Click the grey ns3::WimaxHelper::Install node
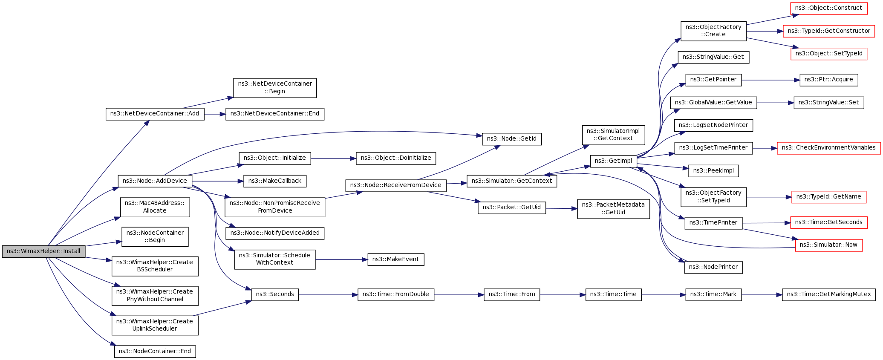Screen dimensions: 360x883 [43, 251]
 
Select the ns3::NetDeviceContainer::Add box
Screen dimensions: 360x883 [155, 114]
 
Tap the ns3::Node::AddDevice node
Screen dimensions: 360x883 [155, 181]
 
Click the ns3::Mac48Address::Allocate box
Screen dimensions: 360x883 [155, 207]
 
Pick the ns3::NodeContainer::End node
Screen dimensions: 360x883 [155, 351]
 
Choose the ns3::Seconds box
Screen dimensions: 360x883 [275, 294]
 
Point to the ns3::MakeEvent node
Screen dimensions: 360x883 [395, 259]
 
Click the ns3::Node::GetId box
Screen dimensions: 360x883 [511, 139]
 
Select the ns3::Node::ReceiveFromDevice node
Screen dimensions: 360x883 [395, 185]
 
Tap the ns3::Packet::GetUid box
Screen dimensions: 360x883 [511, 207]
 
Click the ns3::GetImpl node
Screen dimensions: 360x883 [613, 161]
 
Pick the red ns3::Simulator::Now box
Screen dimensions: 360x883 [828, 245]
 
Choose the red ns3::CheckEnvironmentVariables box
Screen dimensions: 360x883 [828, 148]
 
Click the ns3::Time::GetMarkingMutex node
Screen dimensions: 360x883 [828, 294]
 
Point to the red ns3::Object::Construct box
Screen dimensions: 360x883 [828, 8]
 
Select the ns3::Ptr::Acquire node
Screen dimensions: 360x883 [828, 80]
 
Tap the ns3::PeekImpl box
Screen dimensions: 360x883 [713, 171]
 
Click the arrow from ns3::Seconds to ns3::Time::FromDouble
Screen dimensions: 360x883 [328, 294]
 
